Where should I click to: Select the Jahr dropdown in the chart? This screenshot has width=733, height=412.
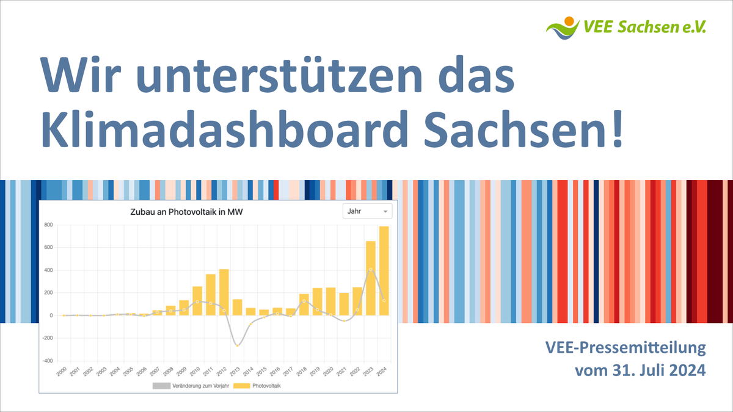366,211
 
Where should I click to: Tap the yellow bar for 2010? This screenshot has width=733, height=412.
197,300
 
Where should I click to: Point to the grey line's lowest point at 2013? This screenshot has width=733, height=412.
238,345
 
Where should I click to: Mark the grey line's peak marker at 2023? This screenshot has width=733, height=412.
371,269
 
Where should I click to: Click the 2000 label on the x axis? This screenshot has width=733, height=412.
60,372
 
